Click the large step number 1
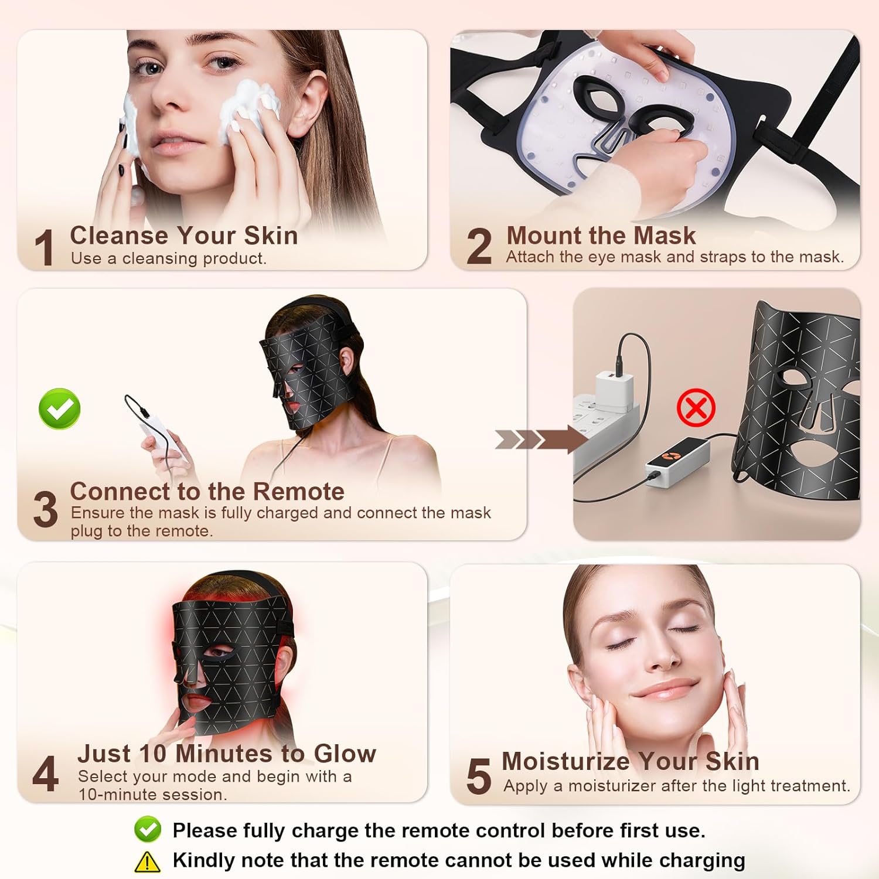click(x=45, y=247)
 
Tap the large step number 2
click(x=479, y=246)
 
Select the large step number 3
click(x=46, y=509)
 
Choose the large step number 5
click(x=479, y=776)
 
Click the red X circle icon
click(x=696, y=407)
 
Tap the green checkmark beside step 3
click(x=60, y=408)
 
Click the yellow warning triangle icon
click(x=147, y=861)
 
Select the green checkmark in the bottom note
click(x=148, y=829)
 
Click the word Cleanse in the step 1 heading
click(x=120, y=236)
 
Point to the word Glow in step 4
click(x=345, y=754)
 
